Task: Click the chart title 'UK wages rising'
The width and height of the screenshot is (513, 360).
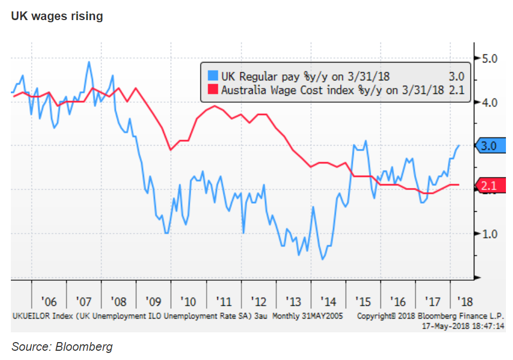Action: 57,16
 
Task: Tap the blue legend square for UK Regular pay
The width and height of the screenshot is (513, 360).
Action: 212,75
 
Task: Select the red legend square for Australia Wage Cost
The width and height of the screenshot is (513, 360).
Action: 212,90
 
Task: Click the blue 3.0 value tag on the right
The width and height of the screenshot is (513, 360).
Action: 489,146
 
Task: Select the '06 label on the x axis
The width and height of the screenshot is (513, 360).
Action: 49,301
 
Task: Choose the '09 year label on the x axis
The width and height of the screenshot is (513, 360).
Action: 153,301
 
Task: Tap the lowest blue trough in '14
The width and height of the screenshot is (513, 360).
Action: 323,259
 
